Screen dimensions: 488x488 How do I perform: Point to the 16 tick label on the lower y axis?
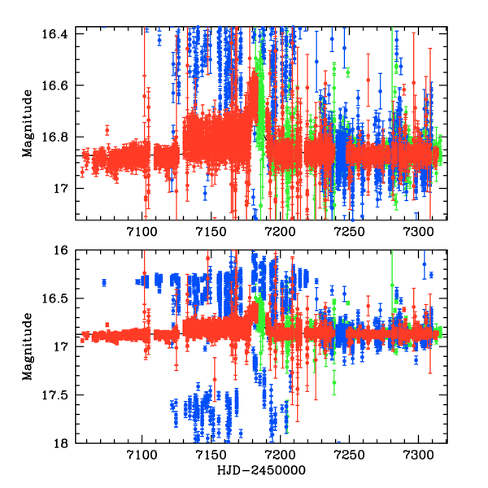tap(68, 251)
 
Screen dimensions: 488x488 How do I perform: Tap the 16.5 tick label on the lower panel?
tap(62, 299)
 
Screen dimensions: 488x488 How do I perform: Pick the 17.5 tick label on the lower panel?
tap(62, 395)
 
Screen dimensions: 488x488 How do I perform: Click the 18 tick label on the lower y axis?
tap(68, 443)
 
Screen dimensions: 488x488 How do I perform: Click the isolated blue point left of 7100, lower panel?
tap(104, 282)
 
